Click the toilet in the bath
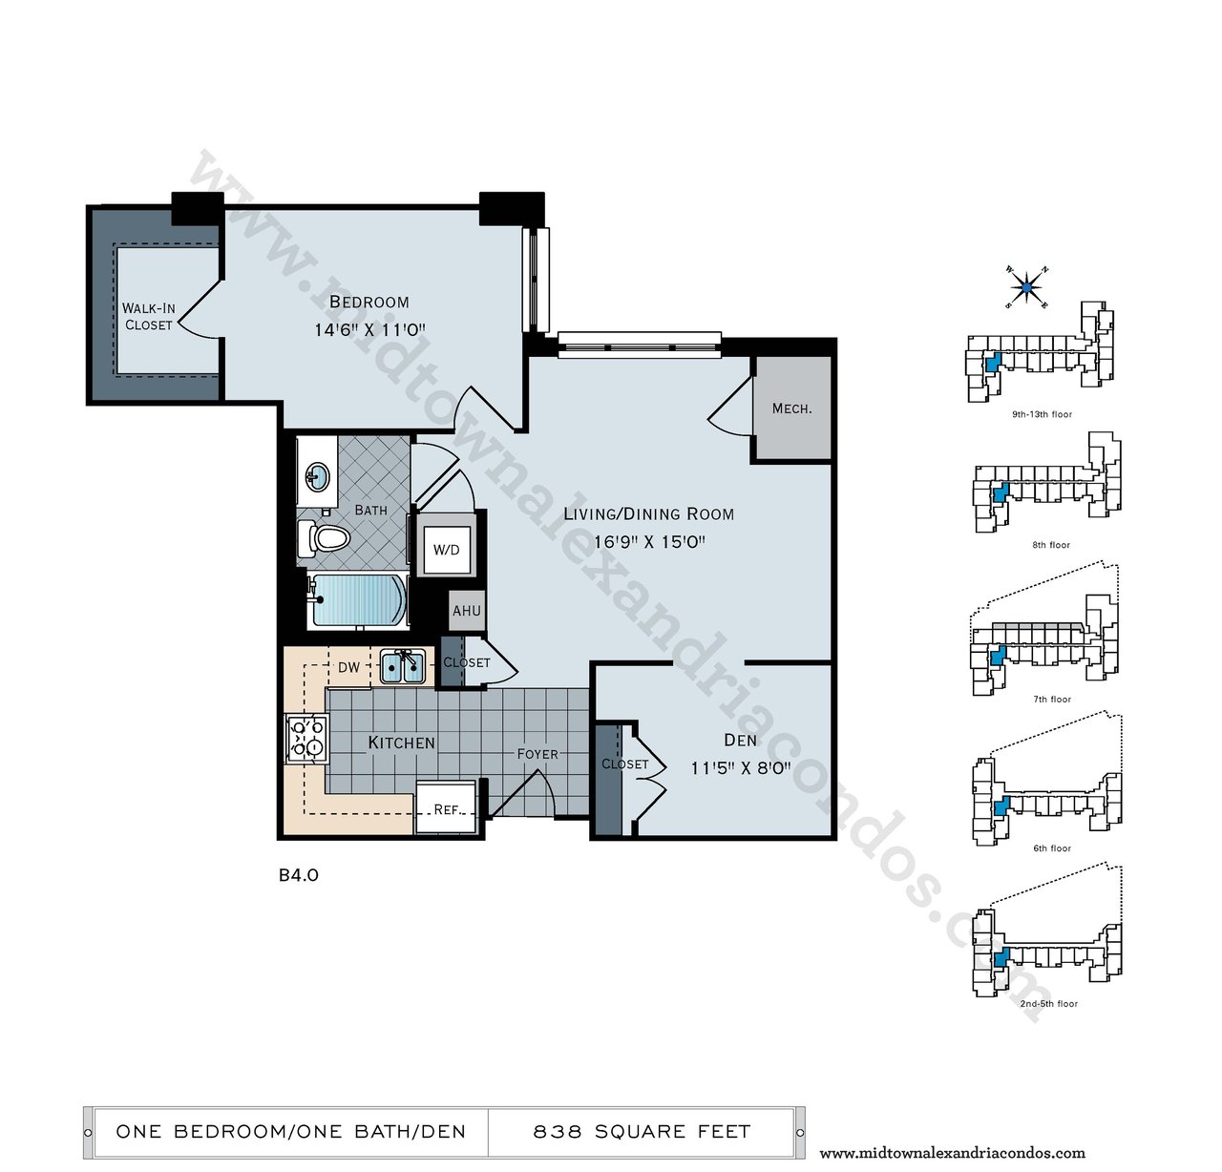click(x=325, y=538)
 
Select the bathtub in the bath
click(x=358, y=600)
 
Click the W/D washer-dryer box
click(x=447, y=550)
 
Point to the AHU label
click(x=467, y=610)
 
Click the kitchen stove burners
click(x=307, y=739)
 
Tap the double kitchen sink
click(x=403, y=667)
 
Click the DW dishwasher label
click(x=349, y=667)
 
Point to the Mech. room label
click(x=791, y=408)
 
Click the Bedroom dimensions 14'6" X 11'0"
click(x=369, y=330)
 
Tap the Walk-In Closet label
click(x=148, y=317)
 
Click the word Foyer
click(x=537, y=754)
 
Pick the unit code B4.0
click(x=299, y=875)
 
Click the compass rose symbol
click(x=1026, y=287)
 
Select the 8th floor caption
click(x=1051, y=545)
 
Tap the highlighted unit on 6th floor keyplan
click(x=1001, y=806)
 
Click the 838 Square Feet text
click(x=642, y=1132)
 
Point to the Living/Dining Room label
click(x=648, y=514)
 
